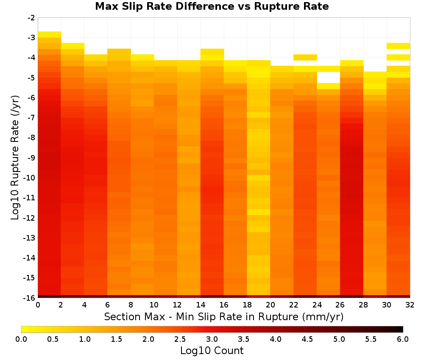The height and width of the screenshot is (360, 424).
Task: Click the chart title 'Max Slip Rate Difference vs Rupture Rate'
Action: click(x=212, y=6)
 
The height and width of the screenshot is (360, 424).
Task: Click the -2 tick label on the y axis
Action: click(x=31, y=18)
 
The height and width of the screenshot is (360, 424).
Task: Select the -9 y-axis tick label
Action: click(x=31, y=158)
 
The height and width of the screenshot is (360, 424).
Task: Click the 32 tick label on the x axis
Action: click(x=410, y=305)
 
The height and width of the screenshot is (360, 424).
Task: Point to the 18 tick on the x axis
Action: click(x=247, y=305)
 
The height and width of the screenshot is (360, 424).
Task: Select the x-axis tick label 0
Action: click(x=38, y=305)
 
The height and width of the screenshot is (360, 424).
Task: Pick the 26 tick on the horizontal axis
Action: click(x=340, y=305)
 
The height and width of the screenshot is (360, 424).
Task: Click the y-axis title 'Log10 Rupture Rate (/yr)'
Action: click(x=15, y=158)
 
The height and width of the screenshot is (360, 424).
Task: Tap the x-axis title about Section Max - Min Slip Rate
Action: click(x=224, y=316)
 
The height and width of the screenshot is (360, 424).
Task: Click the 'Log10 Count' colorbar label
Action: click(x=212, y=351)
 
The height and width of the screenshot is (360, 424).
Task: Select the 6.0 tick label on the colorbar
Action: click(x=403, y=339)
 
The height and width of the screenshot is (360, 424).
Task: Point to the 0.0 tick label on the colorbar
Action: click(x=21, y=339)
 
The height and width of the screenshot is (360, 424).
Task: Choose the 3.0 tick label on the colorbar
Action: click(x=212, y=339)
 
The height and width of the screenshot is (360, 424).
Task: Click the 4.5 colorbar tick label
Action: click(x=307, y=339)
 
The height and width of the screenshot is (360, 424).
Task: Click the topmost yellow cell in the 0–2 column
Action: click(x=50, y=35)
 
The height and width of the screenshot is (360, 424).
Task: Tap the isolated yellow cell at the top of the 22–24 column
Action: click(x=305, y=58)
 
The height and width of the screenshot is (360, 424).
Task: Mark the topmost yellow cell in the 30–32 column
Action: click(x=398, y=46)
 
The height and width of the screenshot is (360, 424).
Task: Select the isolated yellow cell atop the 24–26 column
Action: click(x=329, y=86)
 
